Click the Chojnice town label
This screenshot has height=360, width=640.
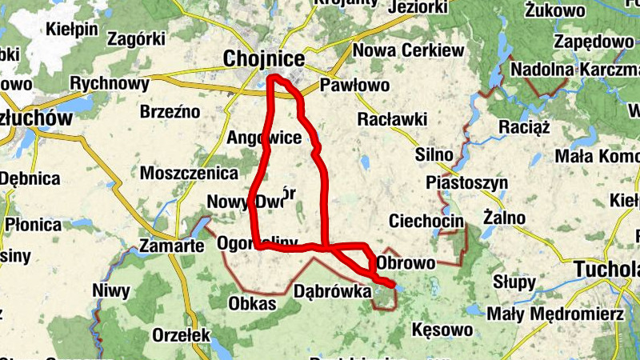pos(264,58)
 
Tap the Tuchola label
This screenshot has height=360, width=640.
pos(608,269)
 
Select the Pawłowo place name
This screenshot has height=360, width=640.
pos(354,85)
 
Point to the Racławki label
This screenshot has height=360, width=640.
pos(393,119)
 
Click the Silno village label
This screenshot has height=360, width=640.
pos(434,154)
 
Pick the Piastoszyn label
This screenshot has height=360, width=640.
pos(467,182)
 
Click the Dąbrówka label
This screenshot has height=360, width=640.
pos(333,291)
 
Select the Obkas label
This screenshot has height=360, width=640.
pos(252,303)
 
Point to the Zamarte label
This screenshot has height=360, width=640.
pos(171,245)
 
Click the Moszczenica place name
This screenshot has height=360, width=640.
pos(189,173)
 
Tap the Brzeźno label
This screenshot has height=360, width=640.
pos(170,112)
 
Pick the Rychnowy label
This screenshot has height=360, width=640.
pos(110,83)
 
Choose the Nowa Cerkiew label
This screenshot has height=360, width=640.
pos(408,50)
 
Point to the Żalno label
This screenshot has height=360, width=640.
pos(505,217)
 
